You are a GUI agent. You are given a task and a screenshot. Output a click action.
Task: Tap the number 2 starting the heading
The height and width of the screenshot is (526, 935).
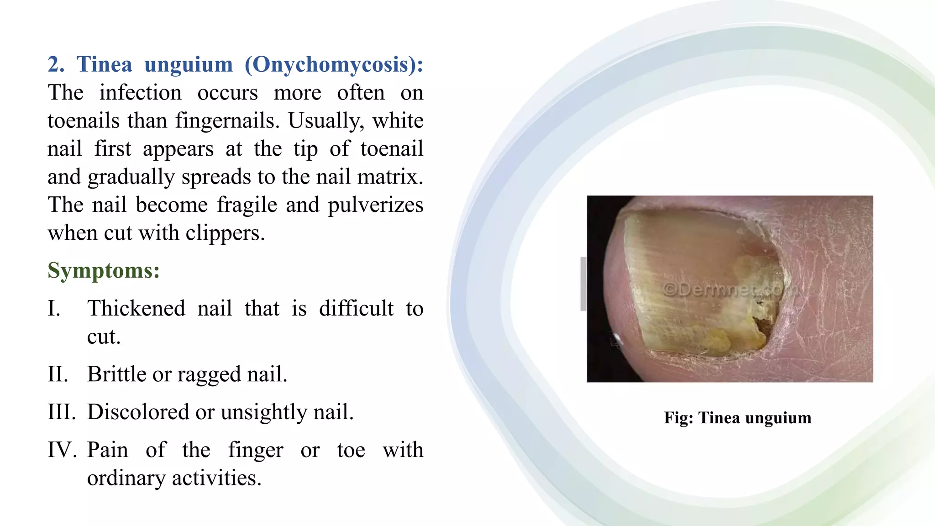(55, 64)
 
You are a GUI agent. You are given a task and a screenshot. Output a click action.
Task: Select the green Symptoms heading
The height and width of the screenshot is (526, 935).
(104, 270)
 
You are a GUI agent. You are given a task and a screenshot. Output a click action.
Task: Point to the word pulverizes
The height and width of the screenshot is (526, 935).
(375, 205)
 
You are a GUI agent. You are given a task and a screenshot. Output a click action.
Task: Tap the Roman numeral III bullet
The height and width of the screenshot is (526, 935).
(62, 412)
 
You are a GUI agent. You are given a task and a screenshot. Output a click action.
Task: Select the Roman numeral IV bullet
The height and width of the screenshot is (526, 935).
(62, 450)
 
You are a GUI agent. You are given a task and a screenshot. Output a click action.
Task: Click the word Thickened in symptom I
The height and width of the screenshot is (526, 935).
(136, 308)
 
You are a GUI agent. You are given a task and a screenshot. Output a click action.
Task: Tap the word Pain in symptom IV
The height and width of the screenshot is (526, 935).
(108, 450)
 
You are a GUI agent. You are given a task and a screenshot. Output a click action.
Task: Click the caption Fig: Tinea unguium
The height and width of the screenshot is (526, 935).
(737, 418)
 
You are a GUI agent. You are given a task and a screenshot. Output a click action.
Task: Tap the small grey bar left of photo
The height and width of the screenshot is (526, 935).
(583, 284)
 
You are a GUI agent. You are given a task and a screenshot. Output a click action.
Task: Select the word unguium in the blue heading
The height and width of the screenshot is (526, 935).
(189, 64)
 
